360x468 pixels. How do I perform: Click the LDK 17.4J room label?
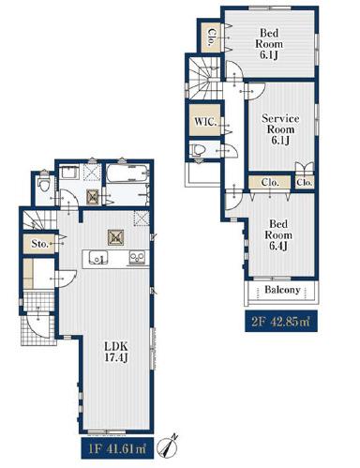point(116,352)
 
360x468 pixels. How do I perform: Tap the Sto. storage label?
point(39,244)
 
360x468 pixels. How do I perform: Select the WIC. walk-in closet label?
point(205,121)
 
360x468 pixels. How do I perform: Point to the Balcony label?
point(282,290)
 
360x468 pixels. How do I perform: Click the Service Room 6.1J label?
point(280,129)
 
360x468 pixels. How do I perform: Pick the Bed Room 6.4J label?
point(278,234)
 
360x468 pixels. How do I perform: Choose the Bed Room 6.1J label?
point(269,44)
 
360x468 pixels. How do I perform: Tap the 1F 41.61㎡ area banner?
point(117,449)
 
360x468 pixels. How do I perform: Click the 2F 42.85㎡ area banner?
point(281,321)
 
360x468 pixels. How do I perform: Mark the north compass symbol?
point(168,445)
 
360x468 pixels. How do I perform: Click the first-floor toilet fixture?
point(43,185)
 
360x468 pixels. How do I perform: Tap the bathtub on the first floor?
point(127,173)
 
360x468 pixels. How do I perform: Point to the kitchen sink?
point(98,259)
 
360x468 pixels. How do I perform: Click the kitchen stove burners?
point(138,259)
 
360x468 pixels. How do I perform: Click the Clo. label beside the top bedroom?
point(213,38)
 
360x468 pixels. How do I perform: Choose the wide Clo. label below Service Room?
point(270,182)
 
